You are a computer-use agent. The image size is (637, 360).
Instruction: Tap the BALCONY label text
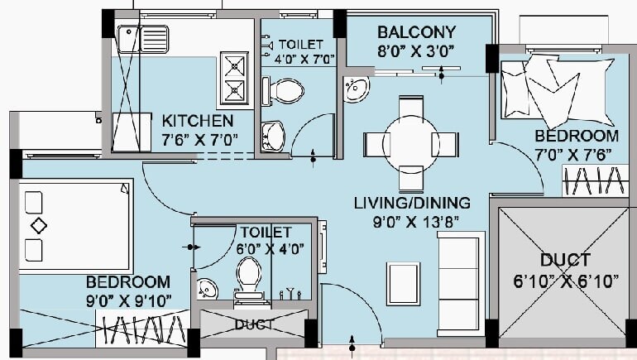417,32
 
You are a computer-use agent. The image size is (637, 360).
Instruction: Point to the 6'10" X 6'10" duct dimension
566,281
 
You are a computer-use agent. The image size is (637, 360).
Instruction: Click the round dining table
411,142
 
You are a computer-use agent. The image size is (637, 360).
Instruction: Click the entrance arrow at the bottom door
353,341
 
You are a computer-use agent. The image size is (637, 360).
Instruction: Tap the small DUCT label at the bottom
254,324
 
